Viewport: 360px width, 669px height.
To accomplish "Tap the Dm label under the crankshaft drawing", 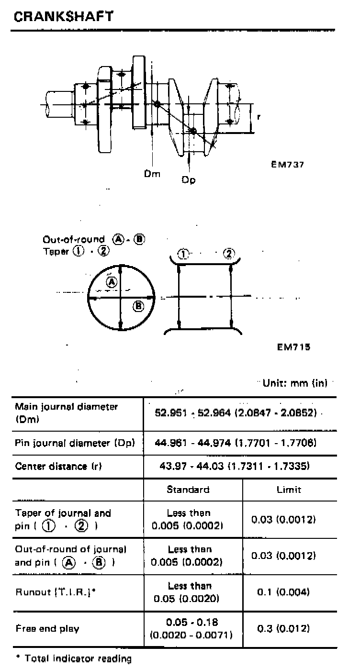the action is click(152, 174).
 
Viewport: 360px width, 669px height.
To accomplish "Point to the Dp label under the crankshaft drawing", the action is click(189, 180).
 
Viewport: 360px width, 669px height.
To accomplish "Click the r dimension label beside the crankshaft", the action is click(259, 117).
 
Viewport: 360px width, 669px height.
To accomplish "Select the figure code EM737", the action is click(287, 164).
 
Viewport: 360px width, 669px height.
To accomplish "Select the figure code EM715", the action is click(293, 347).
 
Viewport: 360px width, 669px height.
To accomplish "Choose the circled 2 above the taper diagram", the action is click(230, 254).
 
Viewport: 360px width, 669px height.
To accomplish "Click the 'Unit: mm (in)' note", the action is click(295, 384).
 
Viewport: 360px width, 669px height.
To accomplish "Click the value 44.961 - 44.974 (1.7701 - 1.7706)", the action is click(236, 443).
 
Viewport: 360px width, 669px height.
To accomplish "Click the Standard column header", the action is click(188, 490).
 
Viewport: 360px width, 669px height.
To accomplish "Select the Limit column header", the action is click(289, 490).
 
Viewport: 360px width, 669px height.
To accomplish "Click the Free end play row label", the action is click(47, 628).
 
